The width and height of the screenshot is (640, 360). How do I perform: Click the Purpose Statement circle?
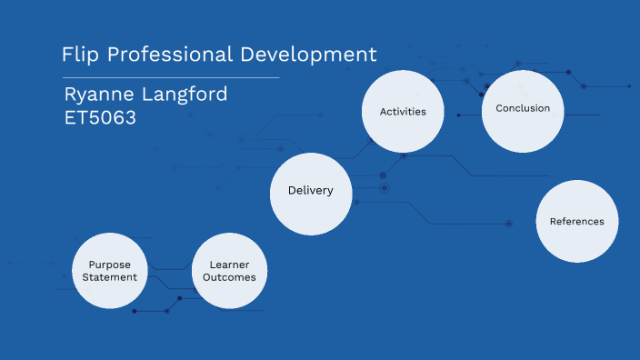[111, 270]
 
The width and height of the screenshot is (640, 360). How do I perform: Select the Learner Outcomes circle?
[230, 270]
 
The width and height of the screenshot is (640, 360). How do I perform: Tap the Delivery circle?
[311, 190]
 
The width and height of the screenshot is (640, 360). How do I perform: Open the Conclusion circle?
[523, 109]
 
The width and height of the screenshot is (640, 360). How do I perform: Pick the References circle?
[576, 221]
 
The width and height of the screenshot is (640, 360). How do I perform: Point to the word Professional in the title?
[170, 55]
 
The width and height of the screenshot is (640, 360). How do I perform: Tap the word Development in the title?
[308, 55]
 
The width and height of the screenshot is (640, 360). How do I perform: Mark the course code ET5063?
[100, 117]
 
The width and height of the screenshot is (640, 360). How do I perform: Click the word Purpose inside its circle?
[111, 264]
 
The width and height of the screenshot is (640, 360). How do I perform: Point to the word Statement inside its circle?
[111, 277]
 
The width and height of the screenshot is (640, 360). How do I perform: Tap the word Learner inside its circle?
[230, 264]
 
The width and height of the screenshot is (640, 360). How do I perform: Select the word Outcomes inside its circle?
[230, 277]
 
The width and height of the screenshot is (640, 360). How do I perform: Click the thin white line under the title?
[170, 78]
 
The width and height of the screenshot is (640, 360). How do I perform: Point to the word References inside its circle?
[576, 221]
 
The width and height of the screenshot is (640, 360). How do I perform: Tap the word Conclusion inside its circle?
[523, 108]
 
